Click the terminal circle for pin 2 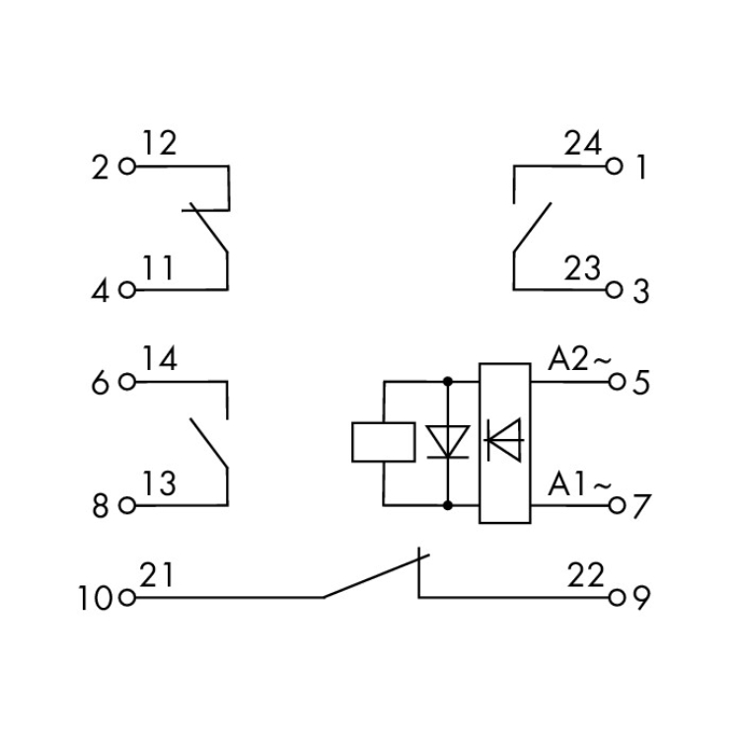click(x=127, y=166)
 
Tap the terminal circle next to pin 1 click(x=614, y=166)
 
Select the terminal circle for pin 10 click(x=127, y=598)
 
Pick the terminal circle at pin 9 click(x=617, y=598)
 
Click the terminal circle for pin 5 click(x=617, y=381)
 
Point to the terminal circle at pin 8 click(x=127, y=505)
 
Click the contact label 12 click(x=160, y=143)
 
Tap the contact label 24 click(x=583, y=143)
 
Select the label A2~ click(x=579, y=360)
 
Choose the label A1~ click(x=579, y=483)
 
